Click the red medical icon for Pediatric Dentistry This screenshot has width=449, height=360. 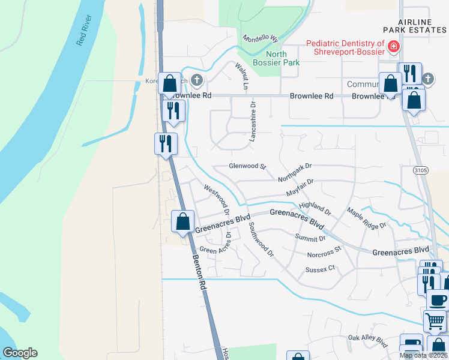tap(394, 46)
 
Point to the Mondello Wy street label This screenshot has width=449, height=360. tap(261, 37)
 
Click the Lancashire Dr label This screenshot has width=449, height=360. tap(253, 121)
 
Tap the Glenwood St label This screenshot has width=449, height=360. tap(247, 166)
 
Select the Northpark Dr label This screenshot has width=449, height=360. tap(295, 172)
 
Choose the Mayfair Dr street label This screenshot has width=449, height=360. tap(300, 187)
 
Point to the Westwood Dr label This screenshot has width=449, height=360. tap(217, 199)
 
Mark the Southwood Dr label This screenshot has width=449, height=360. tap(261, 240)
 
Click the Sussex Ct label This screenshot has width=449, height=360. tap(319, 270)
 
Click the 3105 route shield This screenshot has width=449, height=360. tap(420, 171)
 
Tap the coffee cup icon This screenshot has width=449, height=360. tap(437, 299)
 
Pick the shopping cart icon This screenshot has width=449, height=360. tap(435, 321)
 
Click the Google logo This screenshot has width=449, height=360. tap(20, 353)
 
